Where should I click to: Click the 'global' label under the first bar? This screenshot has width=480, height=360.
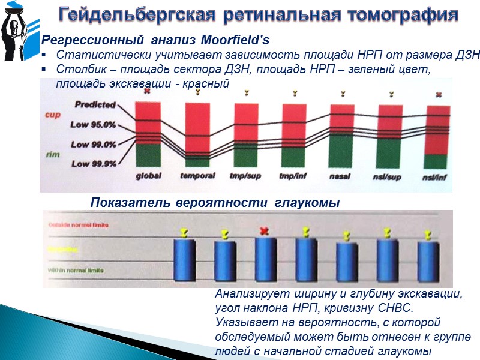coord(147,176)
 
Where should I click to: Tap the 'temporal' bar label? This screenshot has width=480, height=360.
coord(196,176)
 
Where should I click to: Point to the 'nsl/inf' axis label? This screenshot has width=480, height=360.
coord(437,176)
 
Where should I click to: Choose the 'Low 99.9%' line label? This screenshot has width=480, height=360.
coord(94,164)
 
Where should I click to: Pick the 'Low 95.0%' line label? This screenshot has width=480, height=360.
coord(94,125)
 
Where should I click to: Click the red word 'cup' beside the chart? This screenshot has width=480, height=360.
coord(53,115)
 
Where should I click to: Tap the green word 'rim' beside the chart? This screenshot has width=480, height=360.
coord(53,155)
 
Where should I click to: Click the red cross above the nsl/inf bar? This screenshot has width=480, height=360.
coord(439,95)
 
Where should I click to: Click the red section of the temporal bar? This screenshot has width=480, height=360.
coord(197,126)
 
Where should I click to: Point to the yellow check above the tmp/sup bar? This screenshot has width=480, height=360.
coord(247,93)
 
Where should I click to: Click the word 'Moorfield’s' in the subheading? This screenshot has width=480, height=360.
coord(236,41)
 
